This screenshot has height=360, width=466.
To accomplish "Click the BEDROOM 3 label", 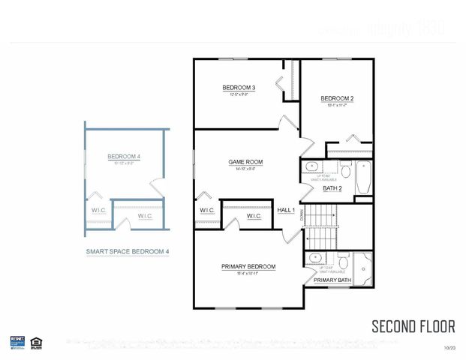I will click(239, 88).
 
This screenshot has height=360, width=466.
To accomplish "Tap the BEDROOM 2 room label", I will click(337, 98).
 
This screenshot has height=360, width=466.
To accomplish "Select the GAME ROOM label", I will click(245, 161).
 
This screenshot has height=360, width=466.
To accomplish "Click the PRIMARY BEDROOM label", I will click(248, 266).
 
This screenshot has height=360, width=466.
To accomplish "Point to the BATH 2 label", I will click(332, 188).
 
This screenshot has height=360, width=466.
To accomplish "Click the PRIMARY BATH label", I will click(331, 280).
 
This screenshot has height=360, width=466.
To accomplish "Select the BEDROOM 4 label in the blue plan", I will click(124, 156).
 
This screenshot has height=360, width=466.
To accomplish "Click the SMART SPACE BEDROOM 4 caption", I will click(127, 252).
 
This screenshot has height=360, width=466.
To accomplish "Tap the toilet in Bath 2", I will click(344, 169).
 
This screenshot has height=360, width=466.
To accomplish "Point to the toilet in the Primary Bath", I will click(342, 262).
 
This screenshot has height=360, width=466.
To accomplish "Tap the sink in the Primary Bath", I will click(313, 259).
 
